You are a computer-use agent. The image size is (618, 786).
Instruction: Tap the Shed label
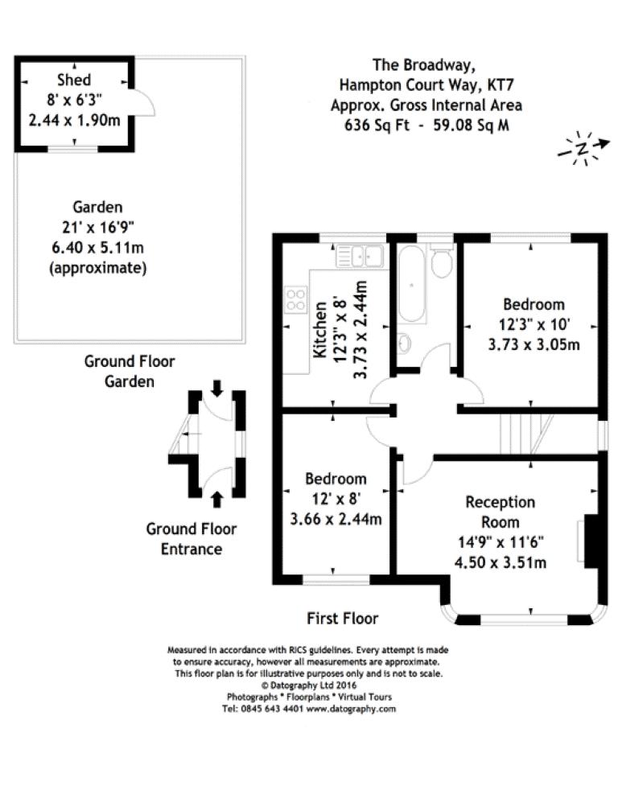(x=74, y=80)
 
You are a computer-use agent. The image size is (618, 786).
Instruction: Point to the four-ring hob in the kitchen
(x=295, y=299)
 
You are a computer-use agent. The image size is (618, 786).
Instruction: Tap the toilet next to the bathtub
(x=441, y=261)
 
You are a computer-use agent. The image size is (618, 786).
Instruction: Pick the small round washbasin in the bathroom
(x=404, y=344)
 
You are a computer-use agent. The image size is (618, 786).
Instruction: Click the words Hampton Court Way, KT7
(x=426, y=84)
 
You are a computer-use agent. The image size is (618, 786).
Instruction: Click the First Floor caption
(x=343, y=618)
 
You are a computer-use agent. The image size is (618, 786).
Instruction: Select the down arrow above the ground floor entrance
(x=216, y=388)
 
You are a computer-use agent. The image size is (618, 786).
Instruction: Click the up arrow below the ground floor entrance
(x=216, y=499)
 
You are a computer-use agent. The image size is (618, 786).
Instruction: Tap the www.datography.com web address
(x=352, y=710)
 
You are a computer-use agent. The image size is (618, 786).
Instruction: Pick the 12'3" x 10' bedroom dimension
(x=534, y=324)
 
